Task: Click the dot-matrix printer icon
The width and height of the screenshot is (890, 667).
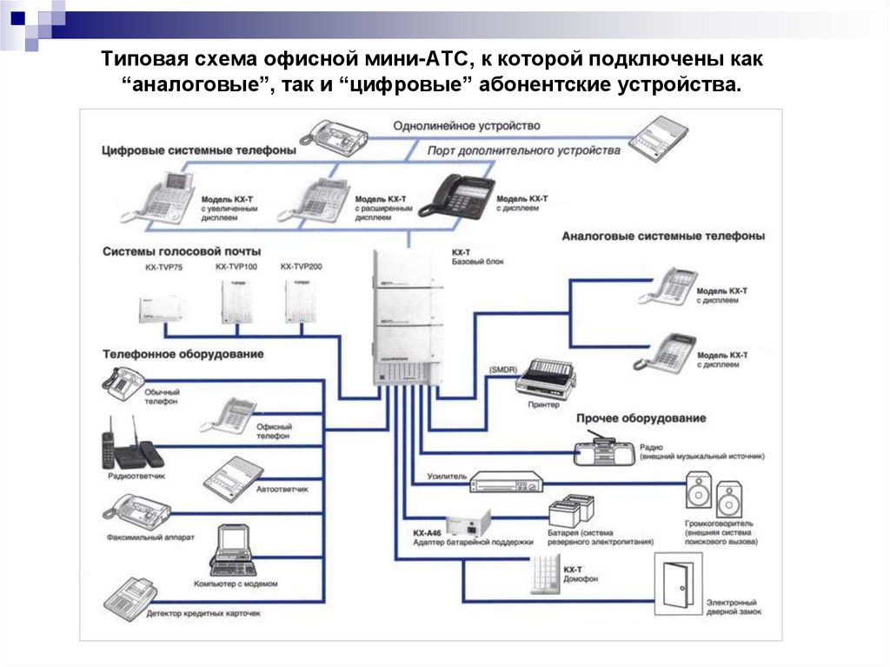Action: coord(546,377)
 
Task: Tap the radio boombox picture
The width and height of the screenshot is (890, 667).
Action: coord(606,451)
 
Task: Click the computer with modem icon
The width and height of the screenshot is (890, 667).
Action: coord(232,550)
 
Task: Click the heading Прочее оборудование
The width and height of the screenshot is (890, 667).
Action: coord(641,418)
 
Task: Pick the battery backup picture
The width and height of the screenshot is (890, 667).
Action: coord(572,511)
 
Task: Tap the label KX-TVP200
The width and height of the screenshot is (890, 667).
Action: coord(301,266)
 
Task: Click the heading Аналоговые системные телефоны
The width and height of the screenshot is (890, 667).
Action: coord(663,236)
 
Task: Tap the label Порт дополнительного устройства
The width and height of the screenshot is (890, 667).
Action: coord(524,150)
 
